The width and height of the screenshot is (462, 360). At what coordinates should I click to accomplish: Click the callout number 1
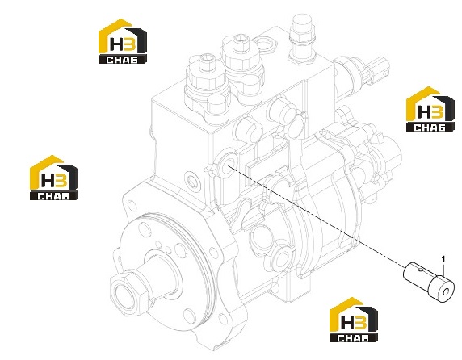443,259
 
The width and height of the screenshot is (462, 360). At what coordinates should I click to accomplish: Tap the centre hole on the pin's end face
447,292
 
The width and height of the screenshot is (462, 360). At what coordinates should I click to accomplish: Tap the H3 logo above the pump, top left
122,41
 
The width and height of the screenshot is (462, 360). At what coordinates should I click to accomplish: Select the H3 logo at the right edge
430,109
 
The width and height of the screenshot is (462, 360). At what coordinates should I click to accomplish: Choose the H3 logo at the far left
54,178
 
